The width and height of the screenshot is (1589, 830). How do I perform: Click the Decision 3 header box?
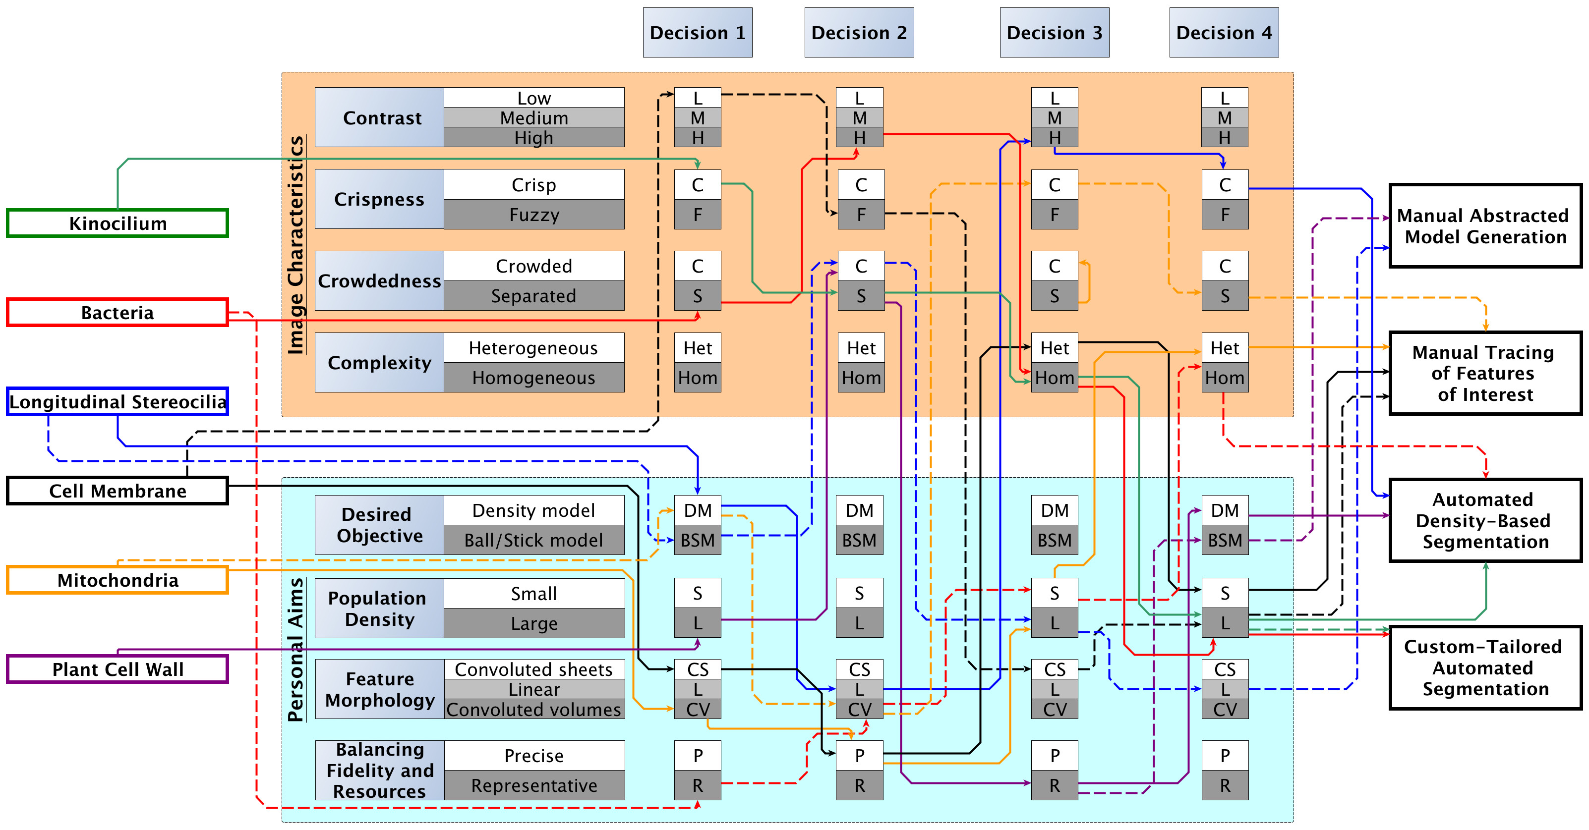coord(1054,33)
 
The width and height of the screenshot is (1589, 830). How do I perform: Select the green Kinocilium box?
coord(117,223)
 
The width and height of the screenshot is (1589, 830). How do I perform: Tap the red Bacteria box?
coord(117,312)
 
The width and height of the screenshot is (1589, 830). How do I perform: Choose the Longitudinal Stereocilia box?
coord(117,401)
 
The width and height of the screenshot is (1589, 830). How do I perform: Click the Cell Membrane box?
coord(117,491)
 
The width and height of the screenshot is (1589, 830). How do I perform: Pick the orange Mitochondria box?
coord(117,580)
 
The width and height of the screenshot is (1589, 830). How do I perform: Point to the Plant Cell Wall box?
coord(117,669)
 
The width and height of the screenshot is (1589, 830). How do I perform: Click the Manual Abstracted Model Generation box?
coord(1485,225)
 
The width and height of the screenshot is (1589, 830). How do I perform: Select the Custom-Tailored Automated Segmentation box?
coord(1485,668)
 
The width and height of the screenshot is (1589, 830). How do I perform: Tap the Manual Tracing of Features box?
coord(1485,373)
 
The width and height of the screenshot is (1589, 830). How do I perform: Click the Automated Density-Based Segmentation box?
coord(1485,520)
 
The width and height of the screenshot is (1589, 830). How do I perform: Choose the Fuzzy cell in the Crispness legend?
coord(533,215)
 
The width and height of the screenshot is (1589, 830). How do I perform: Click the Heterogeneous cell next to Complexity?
coord(533,348)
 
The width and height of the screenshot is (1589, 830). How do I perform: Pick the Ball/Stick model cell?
coord(533,540)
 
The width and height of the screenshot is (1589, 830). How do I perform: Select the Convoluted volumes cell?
coord(533,709)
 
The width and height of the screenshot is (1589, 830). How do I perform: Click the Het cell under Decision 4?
coord(1225,348)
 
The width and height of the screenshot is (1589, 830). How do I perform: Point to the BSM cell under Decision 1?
coord(697,540)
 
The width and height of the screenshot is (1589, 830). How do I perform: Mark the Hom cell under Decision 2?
coord(861,378)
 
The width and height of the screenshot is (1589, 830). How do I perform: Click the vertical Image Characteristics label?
coord(296,245)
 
